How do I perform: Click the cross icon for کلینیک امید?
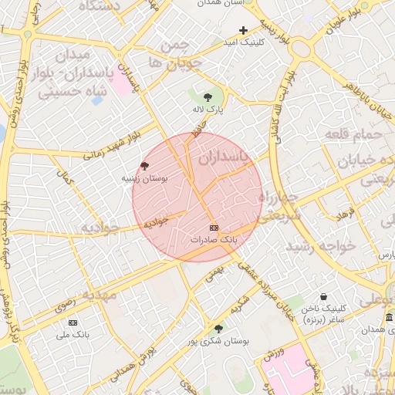click(x=244, y=31)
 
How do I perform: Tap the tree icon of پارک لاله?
click(x=208, y=97)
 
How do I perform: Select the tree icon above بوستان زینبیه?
click(x=144, y=166)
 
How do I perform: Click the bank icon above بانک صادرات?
click(x=214, y=228)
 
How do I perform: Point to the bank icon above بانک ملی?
click(x=73, y=322)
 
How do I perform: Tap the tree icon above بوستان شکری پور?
click(x=218, y=329)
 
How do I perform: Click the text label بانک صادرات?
click(x=217, y=240)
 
